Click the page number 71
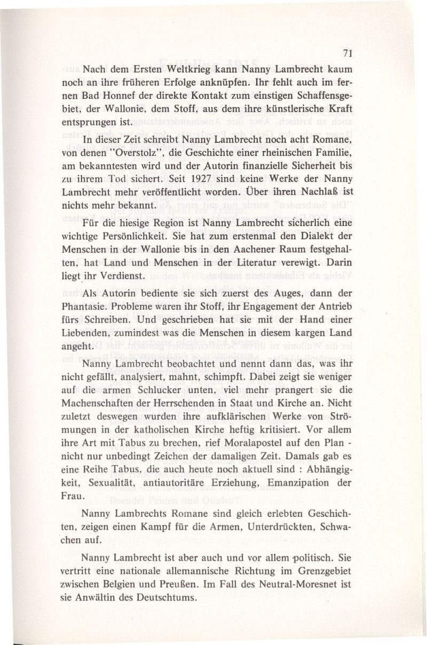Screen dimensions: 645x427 (346, 52)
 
